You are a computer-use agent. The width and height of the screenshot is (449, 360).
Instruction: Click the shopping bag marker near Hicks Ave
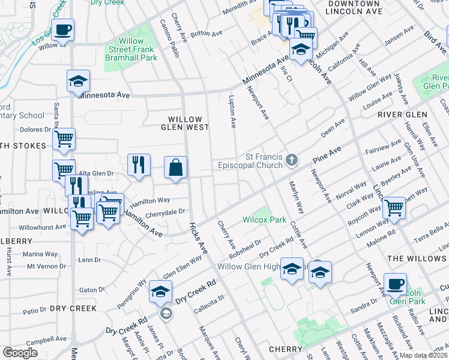[176, 168]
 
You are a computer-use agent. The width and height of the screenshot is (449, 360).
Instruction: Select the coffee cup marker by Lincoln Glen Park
[395, 284]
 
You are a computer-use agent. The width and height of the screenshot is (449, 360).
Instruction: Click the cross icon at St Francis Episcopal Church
[292, 160]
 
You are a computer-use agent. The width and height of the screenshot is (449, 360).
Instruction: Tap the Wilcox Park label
[264, 220]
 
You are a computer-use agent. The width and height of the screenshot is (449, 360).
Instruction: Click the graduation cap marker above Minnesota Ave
[77, 82]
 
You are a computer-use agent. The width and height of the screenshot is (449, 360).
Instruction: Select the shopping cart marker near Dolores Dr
[64, 139]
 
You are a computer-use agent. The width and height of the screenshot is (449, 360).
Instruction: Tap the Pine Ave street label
[327, 155]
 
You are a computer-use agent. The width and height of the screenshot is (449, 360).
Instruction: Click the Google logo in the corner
[20, 353]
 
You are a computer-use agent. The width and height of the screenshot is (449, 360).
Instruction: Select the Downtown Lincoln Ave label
[354, 7]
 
